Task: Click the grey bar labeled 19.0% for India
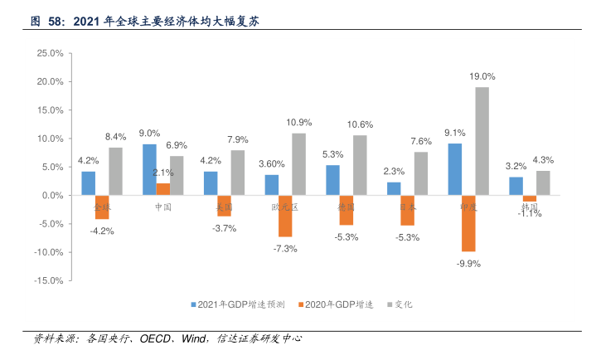482,141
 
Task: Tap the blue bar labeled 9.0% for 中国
149,169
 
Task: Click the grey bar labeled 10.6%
360,165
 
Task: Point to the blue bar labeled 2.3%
394,188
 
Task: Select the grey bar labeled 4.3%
543,182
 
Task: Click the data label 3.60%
271,164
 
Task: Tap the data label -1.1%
530,213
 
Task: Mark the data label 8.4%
116,137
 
